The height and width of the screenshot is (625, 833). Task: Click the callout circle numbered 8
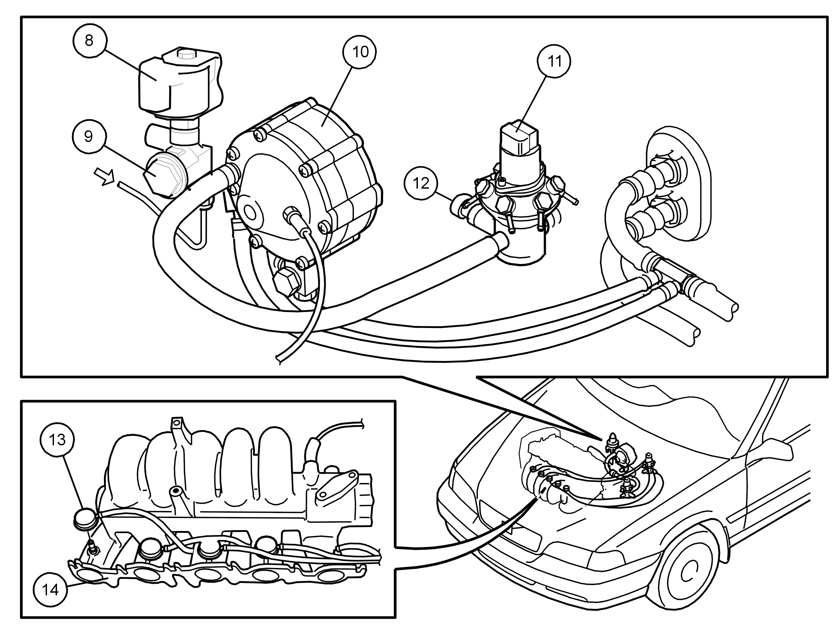point(89,40)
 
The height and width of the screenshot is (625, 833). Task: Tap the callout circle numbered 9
point(89,136)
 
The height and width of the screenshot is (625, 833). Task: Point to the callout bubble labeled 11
point(554,61)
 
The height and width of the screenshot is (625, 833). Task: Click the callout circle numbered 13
point(57,440)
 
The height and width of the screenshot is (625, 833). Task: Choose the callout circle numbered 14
point(50,589)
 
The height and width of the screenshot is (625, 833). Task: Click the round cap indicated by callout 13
point(84,518)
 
